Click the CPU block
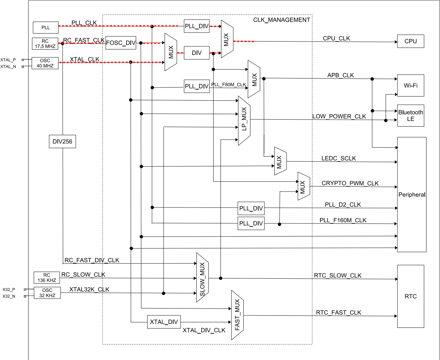pyautogui.click(x=411, y=41)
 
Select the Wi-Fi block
pyautogui.click(x=411, y=85)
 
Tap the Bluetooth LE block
pyautogui.click(x=411, y=116)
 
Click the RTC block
pyautogui.click(x=411, y=296)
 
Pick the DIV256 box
pyautogui.click(x=62, y=141)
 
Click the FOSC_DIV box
pyautogui.click(x=121, y=43)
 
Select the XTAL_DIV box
pyautogui.click(x=164, y=322)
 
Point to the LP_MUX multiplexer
pyautogui.click(x=244, y=120)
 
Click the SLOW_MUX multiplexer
pyautogui.click(x=203, y=277)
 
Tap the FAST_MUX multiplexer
pyautogui.click(x=237, y=315)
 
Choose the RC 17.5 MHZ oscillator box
pyautogui.click(x=45, y=44)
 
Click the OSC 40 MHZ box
pyautogui.click(x=45, y=63)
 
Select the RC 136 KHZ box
pyautogui.click(x=47, y=278)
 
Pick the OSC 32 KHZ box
pyautogui.click(x=47, y=293)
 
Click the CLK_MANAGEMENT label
pyautogui.click(x=281, y=20)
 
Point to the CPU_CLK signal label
pyautogui.click(x=336, y=38)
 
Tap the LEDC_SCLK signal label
pyautogui.click(x=338, y=158)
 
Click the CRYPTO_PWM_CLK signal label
pyautogui.click(x=350, y=183)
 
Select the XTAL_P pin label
pyautogui.click(x=8, y=60)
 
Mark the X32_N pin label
pyautogui.click(x=9, y=296)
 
